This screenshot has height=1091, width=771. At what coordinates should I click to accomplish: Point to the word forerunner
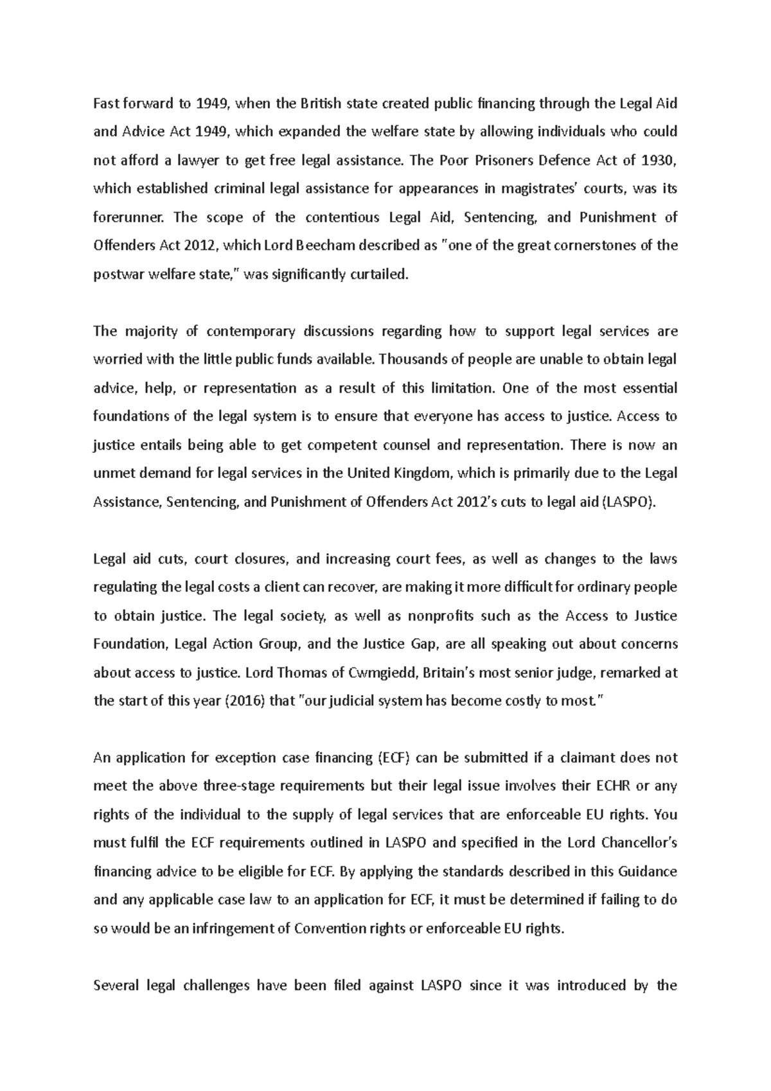click(x=128, y=217)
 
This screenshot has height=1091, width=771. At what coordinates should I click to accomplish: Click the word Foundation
click(x=128, y=644)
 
